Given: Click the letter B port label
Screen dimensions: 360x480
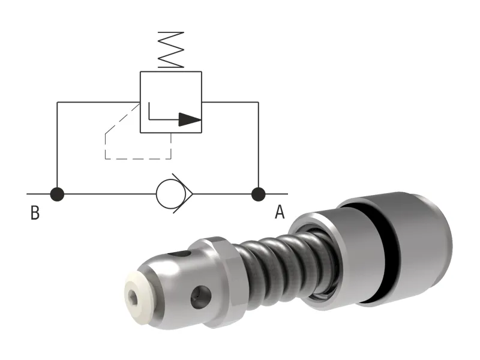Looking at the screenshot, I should [35, 213].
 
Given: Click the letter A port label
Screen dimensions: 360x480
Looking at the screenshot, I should [280, 212].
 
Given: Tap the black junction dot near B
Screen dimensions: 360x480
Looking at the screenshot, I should [57, 194].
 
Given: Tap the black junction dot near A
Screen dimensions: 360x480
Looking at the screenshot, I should [258, 194].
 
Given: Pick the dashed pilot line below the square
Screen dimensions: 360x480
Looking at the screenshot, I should [138, 159].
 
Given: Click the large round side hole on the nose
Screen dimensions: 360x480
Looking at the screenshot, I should [200, 295].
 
